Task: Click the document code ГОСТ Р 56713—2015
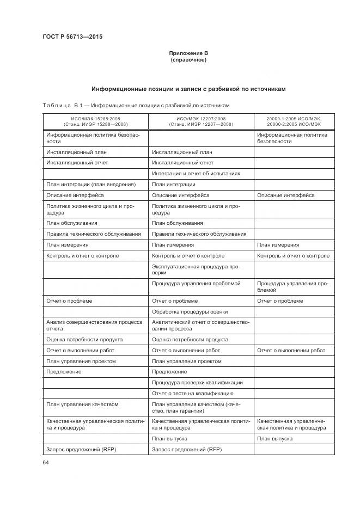click(72, 37)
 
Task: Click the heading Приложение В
click(188, 53)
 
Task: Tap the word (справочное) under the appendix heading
click(188, 59)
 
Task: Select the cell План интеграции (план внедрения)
click(91, 185)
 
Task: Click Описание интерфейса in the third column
click(285, 195)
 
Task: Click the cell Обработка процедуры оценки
click(190, 312)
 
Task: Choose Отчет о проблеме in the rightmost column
click(280, 301)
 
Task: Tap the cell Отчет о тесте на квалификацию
click(193, 393)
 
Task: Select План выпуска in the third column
click(275, 438)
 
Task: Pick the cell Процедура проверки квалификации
click(197, 382)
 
